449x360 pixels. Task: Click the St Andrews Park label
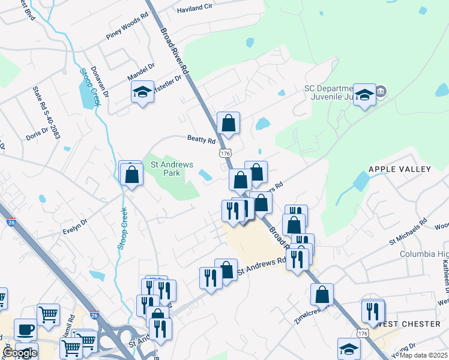click(x=165, y=168)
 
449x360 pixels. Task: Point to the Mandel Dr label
click(x=141, y=73)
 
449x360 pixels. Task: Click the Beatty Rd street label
click(x=201, y=140)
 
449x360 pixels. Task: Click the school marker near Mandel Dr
click(x=143, y=92)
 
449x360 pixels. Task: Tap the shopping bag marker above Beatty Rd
click(x=228, y=124)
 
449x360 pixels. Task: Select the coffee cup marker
click(x=25, y=329)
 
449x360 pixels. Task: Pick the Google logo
click(x=19, y=353)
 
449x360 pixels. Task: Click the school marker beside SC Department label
click(x=364, y=95)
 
